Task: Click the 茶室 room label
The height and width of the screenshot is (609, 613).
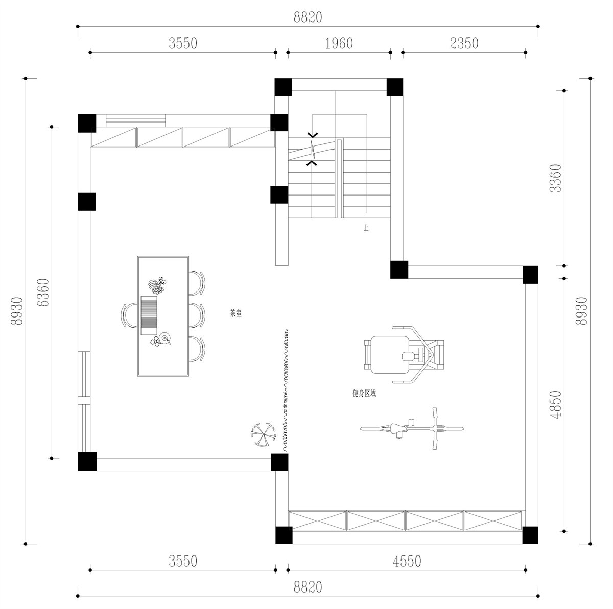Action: [x=235, y=313]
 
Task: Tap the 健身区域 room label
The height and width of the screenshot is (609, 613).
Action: [x=364, y=394]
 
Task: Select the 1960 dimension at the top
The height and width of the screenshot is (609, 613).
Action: [x=339, y=44]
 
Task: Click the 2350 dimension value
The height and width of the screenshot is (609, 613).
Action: [x=464, y=44]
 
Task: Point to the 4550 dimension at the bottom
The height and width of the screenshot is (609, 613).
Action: [x=407, y=561]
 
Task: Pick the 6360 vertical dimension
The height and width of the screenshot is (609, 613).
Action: [x=43, y=293]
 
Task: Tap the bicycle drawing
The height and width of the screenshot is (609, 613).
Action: [x=412, y=428]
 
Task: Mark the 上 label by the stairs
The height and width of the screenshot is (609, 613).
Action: [x=366, y=228]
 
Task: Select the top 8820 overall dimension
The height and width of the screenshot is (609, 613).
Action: [x=308, y=17]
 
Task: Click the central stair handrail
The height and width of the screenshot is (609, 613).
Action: [x=338, y=178]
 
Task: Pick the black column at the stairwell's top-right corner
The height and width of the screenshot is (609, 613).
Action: [x=394, y=87]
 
